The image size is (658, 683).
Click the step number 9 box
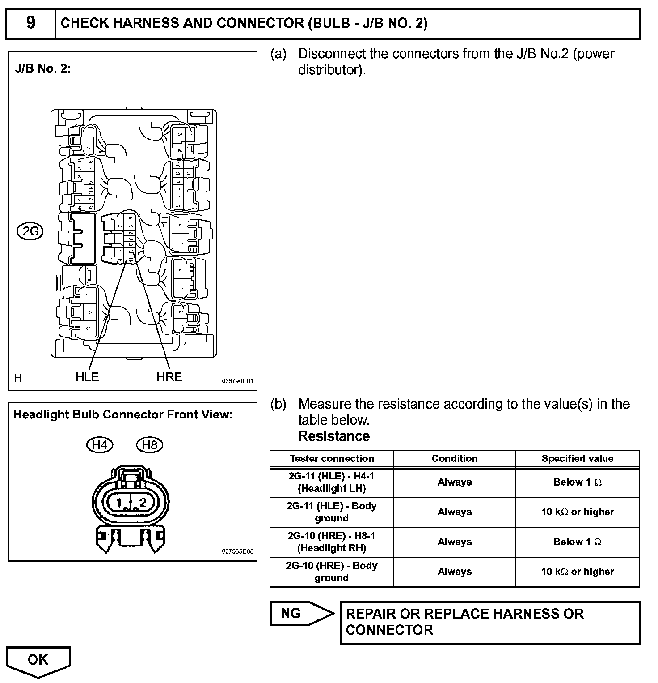pos(30,23)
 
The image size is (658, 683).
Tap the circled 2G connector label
pos(31,231)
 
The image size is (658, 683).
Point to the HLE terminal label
pos(87,377)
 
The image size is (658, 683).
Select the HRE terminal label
pos(169,377)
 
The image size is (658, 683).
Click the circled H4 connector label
pos(100,445)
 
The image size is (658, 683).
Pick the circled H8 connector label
pos(149,445)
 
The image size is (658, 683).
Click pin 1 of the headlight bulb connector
pos(119,503)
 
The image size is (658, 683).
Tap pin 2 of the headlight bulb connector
pos(143,503)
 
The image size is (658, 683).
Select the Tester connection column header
pos(331,458)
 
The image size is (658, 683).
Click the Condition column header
pos(454,458)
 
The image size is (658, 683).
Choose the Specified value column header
pos(577,458)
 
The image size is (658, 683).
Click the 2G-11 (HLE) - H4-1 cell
pos(331,482)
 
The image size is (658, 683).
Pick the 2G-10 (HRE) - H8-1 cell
pos(331,542)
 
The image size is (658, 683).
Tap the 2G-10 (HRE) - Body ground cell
pos(331,572)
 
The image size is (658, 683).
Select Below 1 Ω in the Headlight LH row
pos(577,482)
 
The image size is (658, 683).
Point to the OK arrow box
pos(38,660)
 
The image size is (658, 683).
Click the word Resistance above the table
pos(334,436)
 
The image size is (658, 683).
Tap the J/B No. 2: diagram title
pos(43,69)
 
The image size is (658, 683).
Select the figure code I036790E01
pos(236,381)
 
